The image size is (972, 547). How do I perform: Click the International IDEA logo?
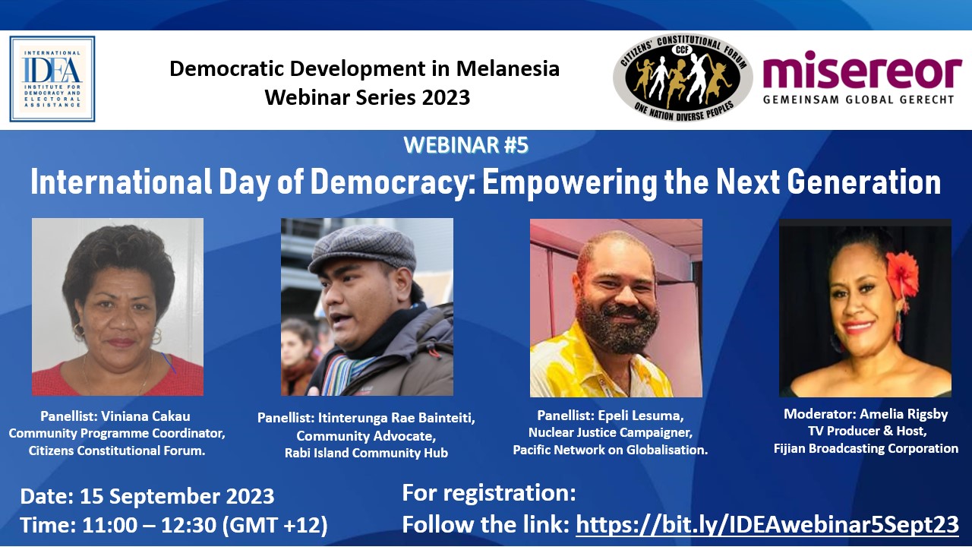(52, 78)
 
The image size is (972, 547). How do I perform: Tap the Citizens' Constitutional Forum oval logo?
(683, 77)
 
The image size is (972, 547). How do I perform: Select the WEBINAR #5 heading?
(466, 145)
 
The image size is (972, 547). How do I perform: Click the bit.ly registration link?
(767, 524)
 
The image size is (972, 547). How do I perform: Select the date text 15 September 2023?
(177, 496)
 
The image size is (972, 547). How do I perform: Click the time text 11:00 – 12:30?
(150, 525)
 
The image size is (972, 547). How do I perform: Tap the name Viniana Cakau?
(145, 416)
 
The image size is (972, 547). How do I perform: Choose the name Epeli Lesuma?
(640, 416)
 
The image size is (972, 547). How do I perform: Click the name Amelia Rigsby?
(904, 414)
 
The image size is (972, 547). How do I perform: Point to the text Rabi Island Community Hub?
(366, 453)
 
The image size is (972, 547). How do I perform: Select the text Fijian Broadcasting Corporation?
(866, 448)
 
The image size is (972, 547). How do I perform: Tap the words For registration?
(489, 493)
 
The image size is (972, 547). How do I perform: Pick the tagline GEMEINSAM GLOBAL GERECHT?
(859, 100)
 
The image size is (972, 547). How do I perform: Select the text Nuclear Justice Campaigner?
(611, 432)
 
